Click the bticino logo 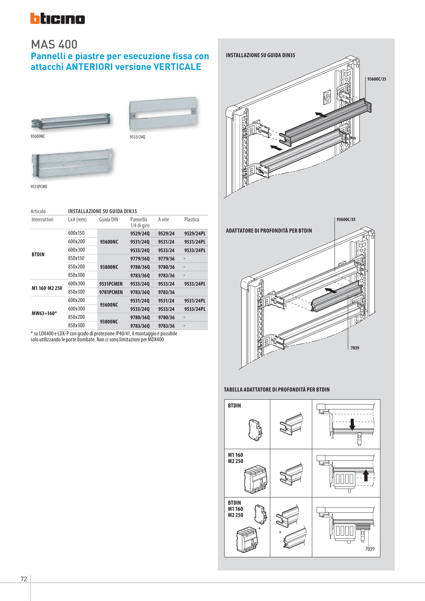point(57,19)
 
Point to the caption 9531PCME point(39,187)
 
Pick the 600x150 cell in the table point(76,233)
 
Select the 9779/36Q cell point(140,259)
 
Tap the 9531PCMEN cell point(111,284)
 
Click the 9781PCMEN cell point(111,292)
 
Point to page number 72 point(24,579)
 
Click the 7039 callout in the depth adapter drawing point(355,348)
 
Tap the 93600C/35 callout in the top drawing point(376,79)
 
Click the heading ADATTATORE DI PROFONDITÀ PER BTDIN point(269,231)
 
